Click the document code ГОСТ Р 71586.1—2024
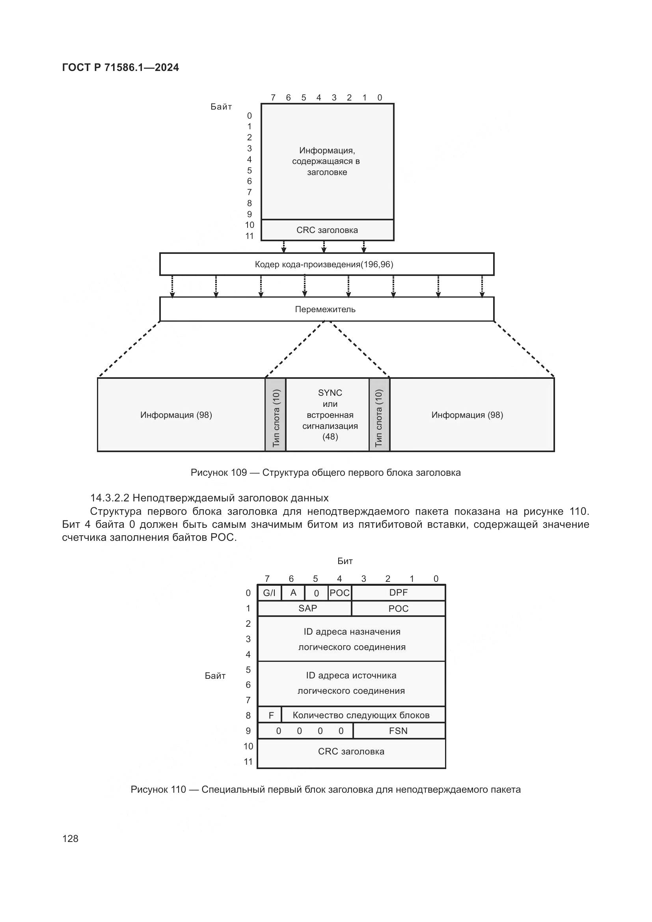click(x=121, y=67)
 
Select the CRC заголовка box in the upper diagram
click(x=327, y=230)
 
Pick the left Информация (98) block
click(x=176, y=415)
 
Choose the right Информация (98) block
click(x=468, y=415)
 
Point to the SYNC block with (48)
click(x=330, y=415)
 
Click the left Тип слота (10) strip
click(x=276, y=415)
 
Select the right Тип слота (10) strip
click(x=378, y=415)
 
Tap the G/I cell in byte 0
click(x=269, y=593)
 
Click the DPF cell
click(x=398, y=592)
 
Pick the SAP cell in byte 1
click(x=307, y=608)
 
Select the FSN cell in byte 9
click(x=398, y=731)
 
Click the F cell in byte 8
click(x=271, y=715)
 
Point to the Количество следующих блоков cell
click(x=361, y=715)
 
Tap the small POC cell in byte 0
click(x=340, y=593)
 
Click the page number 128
click(x=70, y=838)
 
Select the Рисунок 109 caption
click(x=326, y=473)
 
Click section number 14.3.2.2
click(x=109, y=498)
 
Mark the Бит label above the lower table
click(x=345, y=561)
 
